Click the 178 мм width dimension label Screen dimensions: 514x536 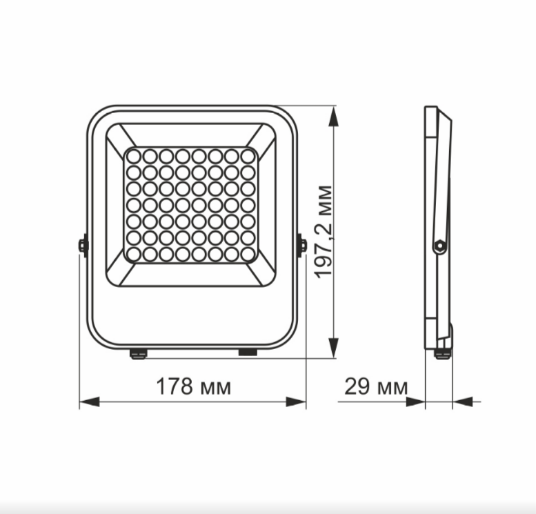pos(192,387)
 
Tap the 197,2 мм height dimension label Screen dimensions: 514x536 pos(324,231)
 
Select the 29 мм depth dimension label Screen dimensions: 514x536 pos(375,387)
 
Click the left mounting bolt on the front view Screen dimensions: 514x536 pos(83,245)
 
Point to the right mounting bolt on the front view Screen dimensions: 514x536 pos(301,245)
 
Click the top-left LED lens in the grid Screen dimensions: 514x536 pos(133,157)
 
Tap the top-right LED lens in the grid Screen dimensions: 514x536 pos(248,157)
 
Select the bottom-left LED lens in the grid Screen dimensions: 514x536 pos(133,254)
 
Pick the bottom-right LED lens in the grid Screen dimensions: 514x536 pos(248,254)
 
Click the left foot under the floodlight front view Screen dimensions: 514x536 pos(139,354)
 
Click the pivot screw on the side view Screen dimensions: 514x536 pos(437,245)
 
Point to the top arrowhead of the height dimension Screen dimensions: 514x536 pos(334,116)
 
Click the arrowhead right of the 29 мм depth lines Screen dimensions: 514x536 pos(461,402)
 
